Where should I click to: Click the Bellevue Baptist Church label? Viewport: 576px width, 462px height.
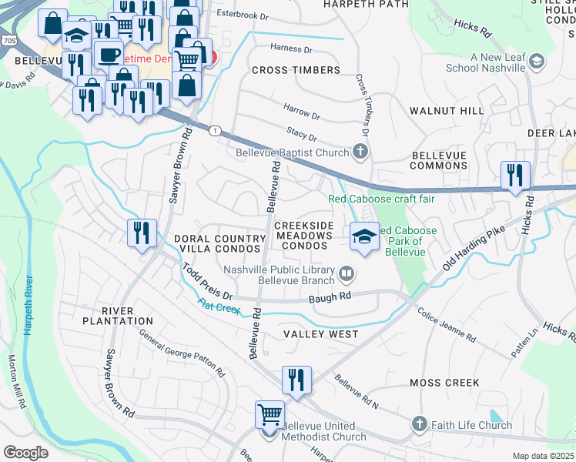click(x=292, y=152)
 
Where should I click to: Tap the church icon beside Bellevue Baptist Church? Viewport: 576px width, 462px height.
click(x=359, y=152)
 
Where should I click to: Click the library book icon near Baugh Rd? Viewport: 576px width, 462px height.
click(x=347, y=273)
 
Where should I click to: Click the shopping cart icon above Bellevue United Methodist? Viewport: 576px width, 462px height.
click(x=270, y=415)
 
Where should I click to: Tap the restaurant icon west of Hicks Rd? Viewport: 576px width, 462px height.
click(x=514, y=176)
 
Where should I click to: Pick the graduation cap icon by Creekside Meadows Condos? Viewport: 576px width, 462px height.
click(x=364, y=236)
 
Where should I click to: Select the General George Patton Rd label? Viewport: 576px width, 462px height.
click(x=182, y=353)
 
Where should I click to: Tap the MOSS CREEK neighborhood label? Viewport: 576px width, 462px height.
click(x=444, y=383)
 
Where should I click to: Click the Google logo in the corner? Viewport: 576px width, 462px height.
click(x=25, y=452)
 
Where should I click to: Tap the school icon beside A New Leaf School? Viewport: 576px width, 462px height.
click(x=537, y=61)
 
